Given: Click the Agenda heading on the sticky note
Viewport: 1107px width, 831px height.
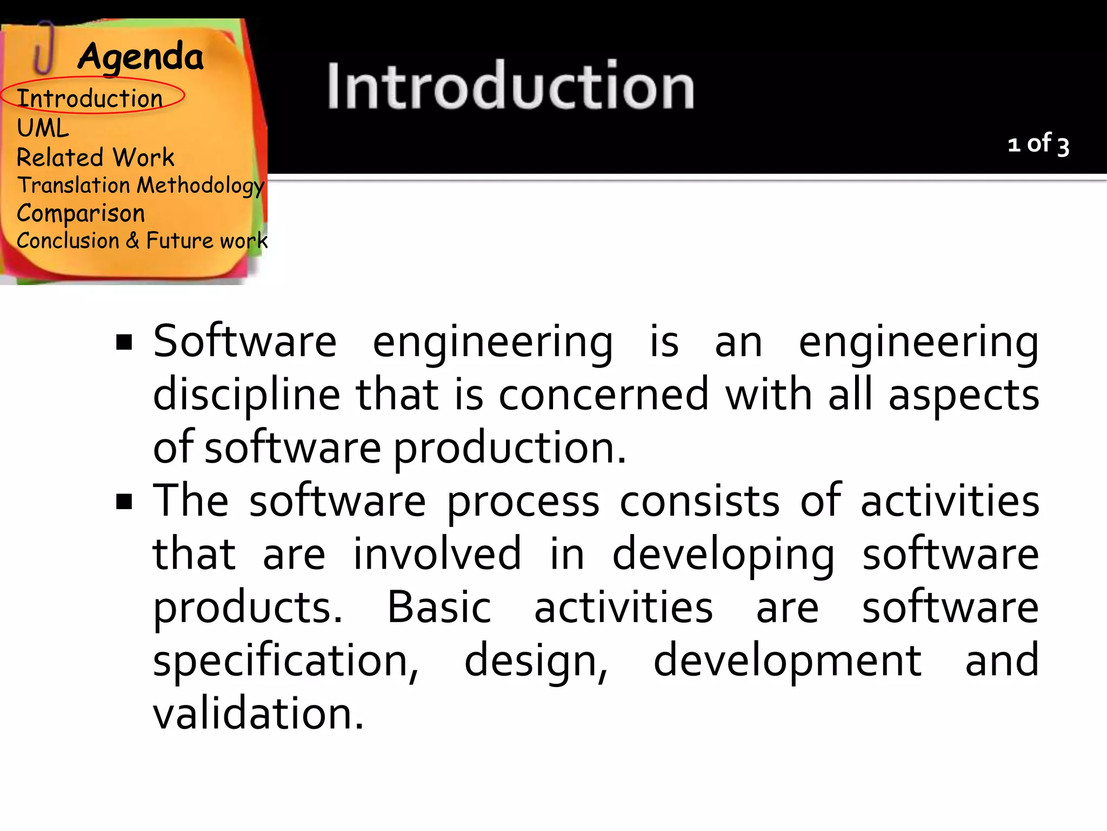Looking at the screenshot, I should point(141,57).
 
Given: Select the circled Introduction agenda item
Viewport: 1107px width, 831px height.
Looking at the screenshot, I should point(90,98).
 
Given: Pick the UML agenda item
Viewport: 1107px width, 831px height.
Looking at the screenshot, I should point(43,129).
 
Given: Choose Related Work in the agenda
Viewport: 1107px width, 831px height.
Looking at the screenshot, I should point(96,157).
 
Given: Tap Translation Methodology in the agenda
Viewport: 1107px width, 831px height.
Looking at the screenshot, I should point(141,186).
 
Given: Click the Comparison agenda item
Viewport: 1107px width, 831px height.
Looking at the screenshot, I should point(81,214).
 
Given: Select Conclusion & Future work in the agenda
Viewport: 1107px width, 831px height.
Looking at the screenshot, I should point(142,241).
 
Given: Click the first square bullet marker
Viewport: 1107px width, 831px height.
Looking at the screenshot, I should point(124,342).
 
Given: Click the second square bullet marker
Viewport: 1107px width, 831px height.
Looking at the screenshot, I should point(124,502).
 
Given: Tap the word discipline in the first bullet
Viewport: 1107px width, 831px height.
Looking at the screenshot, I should point(246,395).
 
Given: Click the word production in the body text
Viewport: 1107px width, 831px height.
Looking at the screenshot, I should point(509,448).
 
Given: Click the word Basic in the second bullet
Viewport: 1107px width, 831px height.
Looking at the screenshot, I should point(439,607).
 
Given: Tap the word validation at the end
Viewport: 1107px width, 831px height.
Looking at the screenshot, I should point(258,713).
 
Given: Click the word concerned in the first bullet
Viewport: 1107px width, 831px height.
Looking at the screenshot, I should point(603,395).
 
